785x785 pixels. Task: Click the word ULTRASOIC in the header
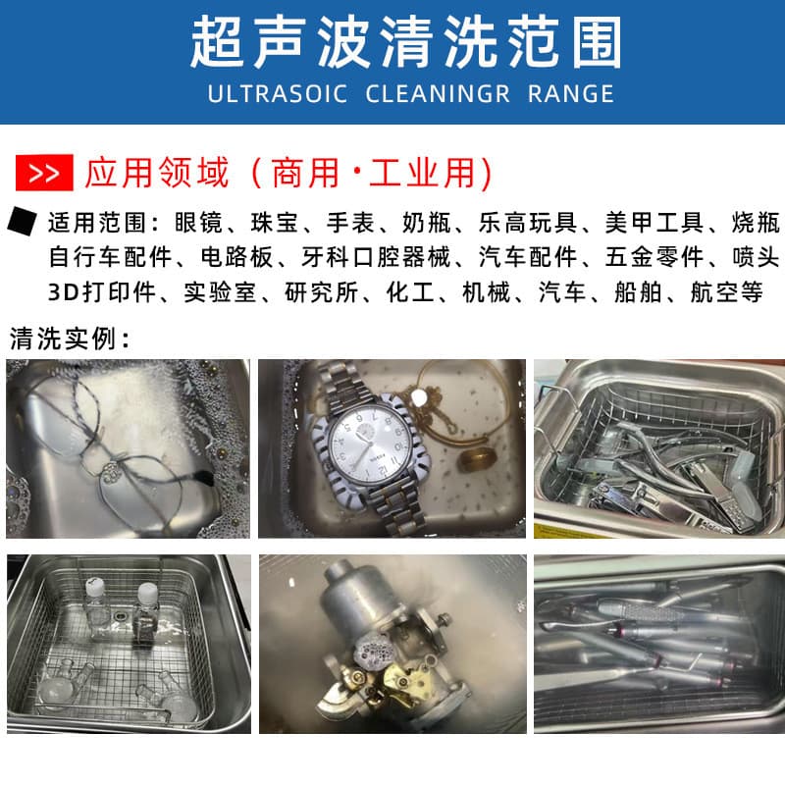[x=278, y=94]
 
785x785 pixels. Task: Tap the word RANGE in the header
[x=571, y=94]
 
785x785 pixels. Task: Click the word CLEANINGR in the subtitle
[x=438, y=94]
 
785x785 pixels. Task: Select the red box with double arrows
[x=44, y=174]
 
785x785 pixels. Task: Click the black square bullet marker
[x=22, y=221]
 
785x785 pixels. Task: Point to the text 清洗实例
[x=63, y=339]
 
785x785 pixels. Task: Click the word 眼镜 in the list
[x=198, y=223]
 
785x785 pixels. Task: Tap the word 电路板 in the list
[x=236, y=257]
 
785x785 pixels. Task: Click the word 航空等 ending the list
[x=726, y=292]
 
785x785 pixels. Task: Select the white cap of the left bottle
[x=94, y=586]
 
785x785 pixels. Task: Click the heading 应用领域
[x=157, y=174]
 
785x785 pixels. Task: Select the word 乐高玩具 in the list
[x=528, y=223]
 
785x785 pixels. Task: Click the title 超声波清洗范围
[x=406, y=42]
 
